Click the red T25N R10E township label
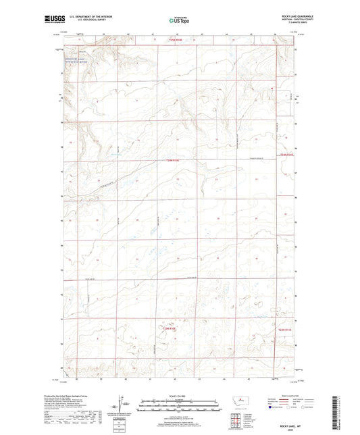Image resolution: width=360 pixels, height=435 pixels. pyautogui.click(x=174, y=40)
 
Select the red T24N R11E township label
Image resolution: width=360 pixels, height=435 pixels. pyautogui.click(x=288, y=155)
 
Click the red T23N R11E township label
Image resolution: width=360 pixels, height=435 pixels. pyautogui.click(x=288, y=330)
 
